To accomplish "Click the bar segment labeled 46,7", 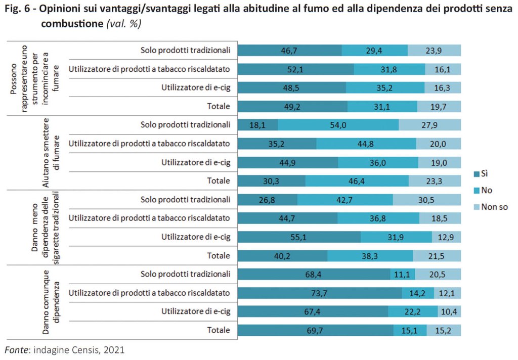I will tap(290, 50).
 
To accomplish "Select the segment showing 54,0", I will tap(338, 125).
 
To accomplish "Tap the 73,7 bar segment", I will tap(320, 293).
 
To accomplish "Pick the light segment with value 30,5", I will tap(427, 199).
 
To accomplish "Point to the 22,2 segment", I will tap(413, 311).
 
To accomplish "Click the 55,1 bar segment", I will tap(299, 237).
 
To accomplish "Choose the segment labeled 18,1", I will tap(258, 125).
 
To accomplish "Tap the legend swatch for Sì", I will tap(476, 174).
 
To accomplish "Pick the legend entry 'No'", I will tap(487, 190).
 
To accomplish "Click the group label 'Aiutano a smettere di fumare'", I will tap(52, 152).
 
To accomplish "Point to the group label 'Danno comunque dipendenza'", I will tap(52, 302).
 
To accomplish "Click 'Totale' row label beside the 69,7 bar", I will tap(219, 330).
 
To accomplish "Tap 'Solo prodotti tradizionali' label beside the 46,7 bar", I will tap(185, 50).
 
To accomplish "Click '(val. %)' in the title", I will tap(124, 24).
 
